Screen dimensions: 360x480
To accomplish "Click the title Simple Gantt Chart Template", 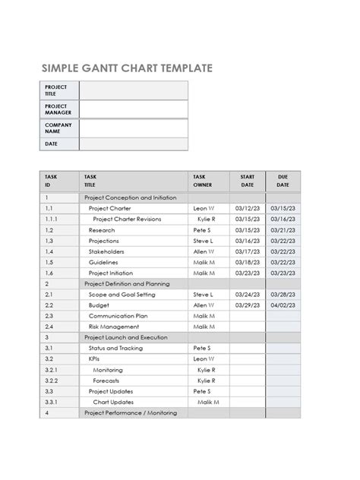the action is point(127,68).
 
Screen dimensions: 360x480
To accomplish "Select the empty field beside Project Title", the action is point(134,91).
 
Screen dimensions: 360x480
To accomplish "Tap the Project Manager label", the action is point(57,110).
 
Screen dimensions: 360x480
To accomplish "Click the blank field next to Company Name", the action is point(134,128).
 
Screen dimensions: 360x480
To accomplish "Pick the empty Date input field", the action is point(134,144).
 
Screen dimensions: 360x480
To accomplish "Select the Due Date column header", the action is point(283,180).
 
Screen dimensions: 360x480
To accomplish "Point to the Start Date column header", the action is point(248,180).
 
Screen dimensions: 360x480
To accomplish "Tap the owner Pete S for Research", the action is point(202,229).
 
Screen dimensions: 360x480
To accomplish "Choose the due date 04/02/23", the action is point(283,305).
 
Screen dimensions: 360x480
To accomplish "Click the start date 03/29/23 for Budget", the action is point(248,305).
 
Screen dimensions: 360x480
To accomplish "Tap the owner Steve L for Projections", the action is point(203,240).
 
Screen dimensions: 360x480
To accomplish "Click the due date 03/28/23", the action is point(283,294).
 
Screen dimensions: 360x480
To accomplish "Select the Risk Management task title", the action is point(114,327).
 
